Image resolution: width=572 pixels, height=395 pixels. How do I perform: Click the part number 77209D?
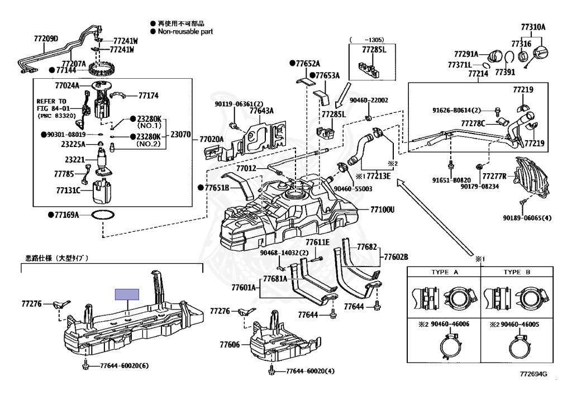46,39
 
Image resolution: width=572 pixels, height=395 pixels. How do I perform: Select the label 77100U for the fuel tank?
382,210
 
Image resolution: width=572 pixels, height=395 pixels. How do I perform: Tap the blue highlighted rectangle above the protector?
127,294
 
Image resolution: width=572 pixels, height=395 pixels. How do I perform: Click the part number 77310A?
533,27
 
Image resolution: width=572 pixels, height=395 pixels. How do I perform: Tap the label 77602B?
395,257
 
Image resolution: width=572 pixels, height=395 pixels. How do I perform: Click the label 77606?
230,345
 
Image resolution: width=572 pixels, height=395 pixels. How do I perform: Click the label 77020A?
212,139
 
